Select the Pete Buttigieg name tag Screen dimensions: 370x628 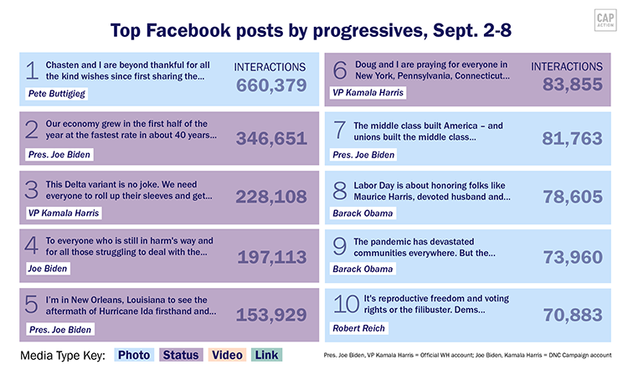pyautogui.click(x=54, y=96)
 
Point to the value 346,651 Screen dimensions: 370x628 pyautogui.click(x=271, y=139)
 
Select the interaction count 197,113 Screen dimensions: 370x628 pyautogui.click(x=271, y=257)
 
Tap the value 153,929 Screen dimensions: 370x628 pyautogui.click(x=271, y=315)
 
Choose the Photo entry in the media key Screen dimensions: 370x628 pyautogui.click(x=134, y=355)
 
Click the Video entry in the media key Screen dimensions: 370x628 pyautogui.click(x=229, y=355)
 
